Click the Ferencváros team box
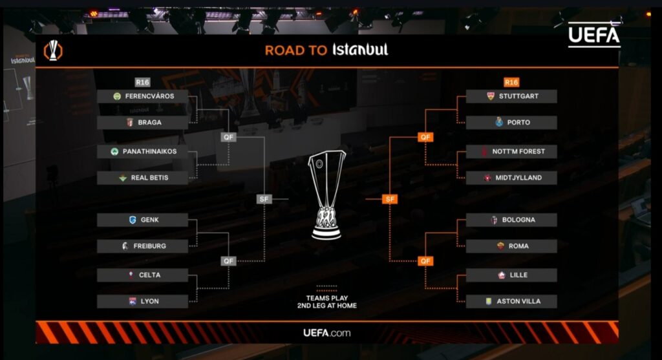pos(142,96)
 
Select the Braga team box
pos(142,122)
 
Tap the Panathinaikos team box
pos(142,152)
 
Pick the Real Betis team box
pos(142,178)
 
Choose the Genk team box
pos(142,220)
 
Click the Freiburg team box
pos(142,246)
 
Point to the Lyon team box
pos(142,301)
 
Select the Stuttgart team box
pos(511,96)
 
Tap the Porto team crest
pos(498,122)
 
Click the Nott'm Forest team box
pos(511,151)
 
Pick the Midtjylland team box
pos(511,178)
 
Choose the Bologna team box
pos(511,220)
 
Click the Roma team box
pos(511,246)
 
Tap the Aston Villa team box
pos(511,301)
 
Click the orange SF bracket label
pos(390,199)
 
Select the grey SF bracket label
pos(264,199)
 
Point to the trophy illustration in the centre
pos(327,195)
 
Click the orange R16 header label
pos(511,82)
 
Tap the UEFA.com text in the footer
pos(327,333)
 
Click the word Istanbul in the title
pos(360,50)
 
